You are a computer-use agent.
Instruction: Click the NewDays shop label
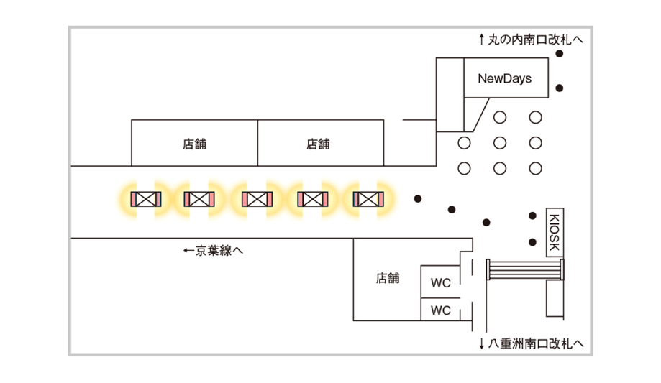[505, 78]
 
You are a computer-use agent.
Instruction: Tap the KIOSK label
[554, 231]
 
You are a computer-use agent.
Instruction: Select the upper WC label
[440, 283]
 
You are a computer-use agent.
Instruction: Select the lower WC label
[440, 310]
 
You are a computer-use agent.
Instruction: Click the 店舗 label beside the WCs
[388, 278]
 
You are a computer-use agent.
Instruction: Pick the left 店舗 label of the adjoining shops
[194, 144]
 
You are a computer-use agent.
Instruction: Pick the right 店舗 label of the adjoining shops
[318, 144]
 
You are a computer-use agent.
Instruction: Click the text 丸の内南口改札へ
[535, 40]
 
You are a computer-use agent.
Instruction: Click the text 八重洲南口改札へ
[536, 343]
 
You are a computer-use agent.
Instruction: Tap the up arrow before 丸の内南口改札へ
[482, 40]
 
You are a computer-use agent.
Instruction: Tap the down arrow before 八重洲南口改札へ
[481, 343]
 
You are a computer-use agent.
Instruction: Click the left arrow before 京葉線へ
[188, 251]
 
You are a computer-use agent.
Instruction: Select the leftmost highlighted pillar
[146, 198]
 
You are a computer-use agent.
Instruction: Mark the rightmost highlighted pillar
[368, 198]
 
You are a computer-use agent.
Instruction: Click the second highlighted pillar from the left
[201, 198]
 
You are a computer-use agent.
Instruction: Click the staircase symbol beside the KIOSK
[525, 269]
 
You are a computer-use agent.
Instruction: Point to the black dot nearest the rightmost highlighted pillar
[417, 198]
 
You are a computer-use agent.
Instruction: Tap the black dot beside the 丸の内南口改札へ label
[559, 54]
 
